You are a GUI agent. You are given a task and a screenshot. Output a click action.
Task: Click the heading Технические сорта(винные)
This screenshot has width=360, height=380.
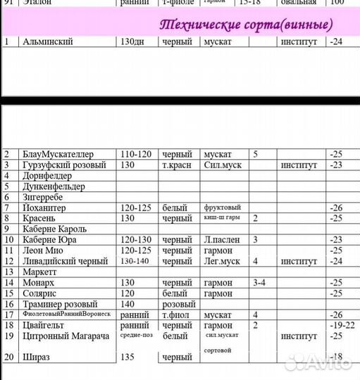246,25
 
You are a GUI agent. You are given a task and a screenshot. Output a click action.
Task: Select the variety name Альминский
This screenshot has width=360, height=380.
49,42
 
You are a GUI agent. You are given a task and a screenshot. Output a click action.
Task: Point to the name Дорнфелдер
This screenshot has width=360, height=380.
49,175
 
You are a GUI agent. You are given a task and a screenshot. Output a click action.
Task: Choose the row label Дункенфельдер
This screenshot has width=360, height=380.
54,186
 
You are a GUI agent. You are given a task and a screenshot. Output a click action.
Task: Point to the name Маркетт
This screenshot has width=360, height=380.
43,272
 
